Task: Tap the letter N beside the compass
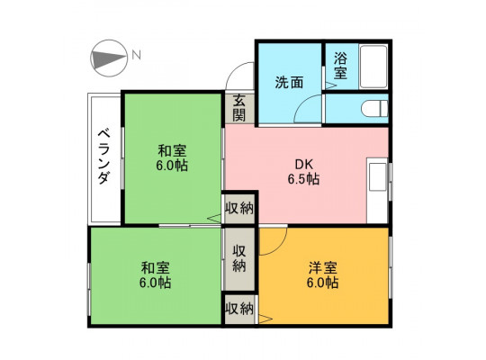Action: pyautogui.click(x=137, y=55)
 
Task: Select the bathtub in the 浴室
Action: pyautogui.click(x=373, y=67)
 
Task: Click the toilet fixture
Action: pyautogui.click(x=374, y=109)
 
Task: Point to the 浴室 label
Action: pyautogui.click(x=340, y=66)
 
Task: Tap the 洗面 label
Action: pyautogui.click(x=289, y=83)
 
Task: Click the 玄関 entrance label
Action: pyautogui.click(x=239, y=108)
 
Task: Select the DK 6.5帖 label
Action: pyautogui.click(x=303, y=172)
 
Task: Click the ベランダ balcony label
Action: pyautogui.click(x=103, y=157)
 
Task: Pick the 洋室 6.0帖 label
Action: pyautogui.click(x=323, y=275)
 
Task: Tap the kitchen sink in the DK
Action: pyautogui.click(x=377, y=176)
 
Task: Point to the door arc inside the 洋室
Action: pyautogui.click(x=274, y=241)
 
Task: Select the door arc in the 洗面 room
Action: pyautogui.click(x=308, y=109)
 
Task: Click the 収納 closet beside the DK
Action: pyautogui.click(x=239, y=209)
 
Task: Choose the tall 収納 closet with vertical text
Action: pyautogui.click(x=239, y=259)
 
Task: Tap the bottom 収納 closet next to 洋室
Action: pyautogui.click(x=239, y=309)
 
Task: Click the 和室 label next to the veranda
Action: pyautogui.click(x=172, y=158)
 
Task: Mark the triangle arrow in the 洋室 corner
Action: pyautogui.click(x=265, y=319)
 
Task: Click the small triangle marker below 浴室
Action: pyautogui.click(x=330, y=85)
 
